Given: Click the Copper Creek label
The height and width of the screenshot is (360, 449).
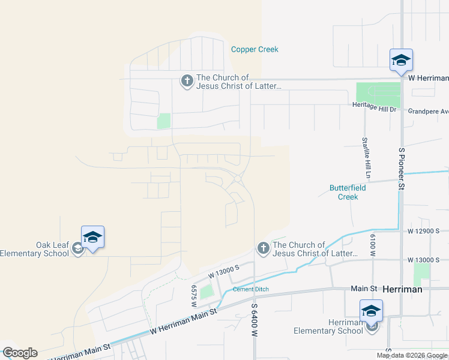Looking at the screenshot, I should click(x=255, y=49).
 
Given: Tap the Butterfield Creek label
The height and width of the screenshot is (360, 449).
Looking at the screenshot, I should click(x=348, y=192).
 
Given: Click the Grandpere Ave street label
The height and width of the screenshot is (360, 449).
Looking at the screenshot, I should click(x=428, y=111).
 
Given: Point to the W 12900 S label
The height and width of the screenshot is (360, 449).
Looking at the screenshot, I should click(x=424, y=230).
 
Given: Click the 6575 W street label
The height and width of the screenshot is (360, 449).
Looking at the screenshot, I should click(x=193, y=296).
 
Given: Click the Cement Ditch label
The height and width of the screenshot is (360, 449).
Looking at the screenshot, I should click(x=251, y=289).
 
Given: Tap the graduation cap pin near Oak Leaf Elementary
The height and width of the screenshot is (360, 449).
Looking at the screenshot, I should click(x=93, y=238).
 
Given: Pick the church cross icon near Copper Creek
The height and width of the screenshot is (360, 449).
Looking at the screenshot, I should click(x=187, y=81).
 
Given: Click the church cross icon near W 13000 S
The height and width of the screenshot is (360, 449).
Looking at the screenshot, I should click(x=263, y=248).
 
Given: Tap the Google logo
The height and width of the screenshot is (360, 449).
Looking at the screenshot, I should click(x=19, y=352).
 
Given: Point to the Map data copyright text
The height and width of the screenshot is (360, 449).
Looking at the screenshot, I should click(x=412, y=355).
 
